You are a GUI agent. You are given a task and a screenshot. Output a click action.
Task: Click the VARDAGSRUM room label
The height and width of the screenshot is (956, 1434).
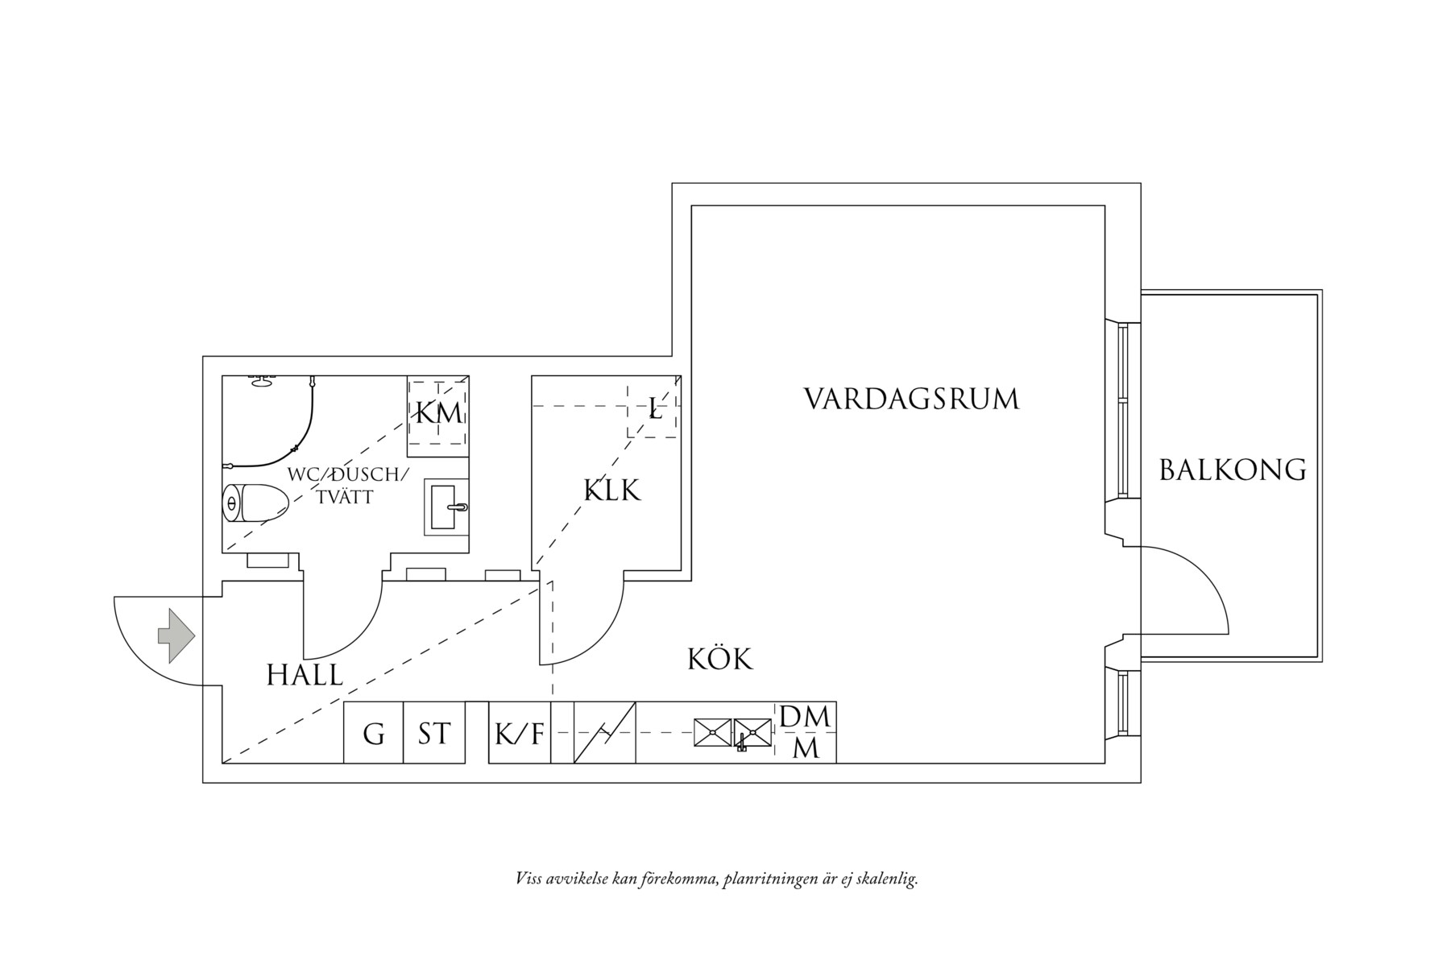point(911,399)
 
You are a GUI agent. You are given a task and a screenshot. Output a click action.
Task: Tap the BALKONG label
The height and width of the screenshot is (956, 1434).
point(1232,470)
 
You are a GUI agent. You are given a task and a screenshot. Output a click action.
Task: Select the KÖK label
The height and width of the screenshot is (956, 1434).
point(719,659)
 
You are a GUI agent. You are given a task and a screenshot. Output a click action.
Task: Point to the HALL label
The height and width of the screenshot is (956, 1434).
point(305,675)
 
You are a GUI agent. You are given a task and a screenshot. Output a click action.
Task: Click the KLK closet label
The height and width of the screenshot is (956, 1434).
point(611,490)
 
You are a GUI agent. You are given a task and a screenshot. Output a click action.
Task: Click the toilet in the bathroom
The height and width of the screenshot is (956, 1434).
point(254,504)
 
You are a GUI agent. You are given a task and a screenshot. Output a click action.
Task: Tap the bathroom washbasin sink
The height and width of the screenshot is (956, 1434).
point(446,507)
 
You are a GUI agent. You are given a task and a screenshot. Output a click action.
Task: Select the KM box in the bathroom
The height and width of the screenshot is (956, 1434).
point(437,414)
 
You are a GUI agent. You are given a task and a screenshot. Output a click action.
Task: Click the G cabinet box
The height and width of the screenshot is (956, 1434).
point(373,734)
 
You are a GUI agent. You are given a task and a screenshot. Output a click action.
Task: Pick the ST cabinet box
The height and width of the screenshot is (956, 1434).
point(434,734)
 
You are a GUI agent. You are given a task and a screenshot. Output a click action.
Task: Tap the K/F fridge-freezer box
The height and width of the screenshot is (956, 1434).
point(520,734)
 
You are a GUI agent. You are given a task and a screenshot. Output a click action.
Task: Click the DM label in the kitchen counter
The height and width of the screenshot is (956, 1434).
point(805,716)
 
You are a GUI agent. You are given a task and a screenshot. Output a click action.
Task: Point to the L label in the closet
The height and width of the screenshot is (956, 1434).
point(655,411)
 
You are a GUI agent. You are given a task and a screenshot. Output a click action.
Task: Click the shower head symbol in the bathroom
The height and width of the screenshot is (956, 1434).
point(261,381)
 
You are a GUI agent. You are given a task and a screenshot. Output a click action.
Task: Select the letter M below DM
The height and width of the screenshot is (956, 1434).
point(806,748)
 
